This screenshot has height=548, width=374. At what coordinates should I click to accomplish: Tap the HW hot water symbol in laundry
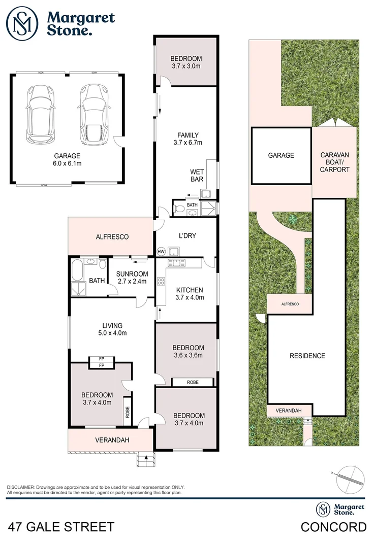(x=162, y=252)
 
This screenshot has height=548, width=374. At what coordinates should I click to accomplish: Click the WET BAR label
(x=197, y=175)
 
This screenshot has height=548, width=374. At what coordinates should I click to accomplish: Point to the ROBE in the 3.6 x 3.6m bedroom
(x=193, y=382)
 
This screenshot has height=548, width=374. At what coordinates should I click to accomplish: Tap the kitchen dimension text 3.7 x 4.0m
(x=190, y=298)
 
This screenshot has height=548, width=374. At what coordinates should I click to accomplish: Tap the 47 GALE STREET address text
(x=60, y=527)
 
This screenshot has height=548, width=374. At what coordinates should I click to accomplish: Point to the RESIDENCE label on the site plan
(x=307, y=356)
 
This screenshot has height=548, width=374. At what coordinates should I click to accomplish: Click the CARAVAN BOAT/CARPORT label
(x=335, y=162)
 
